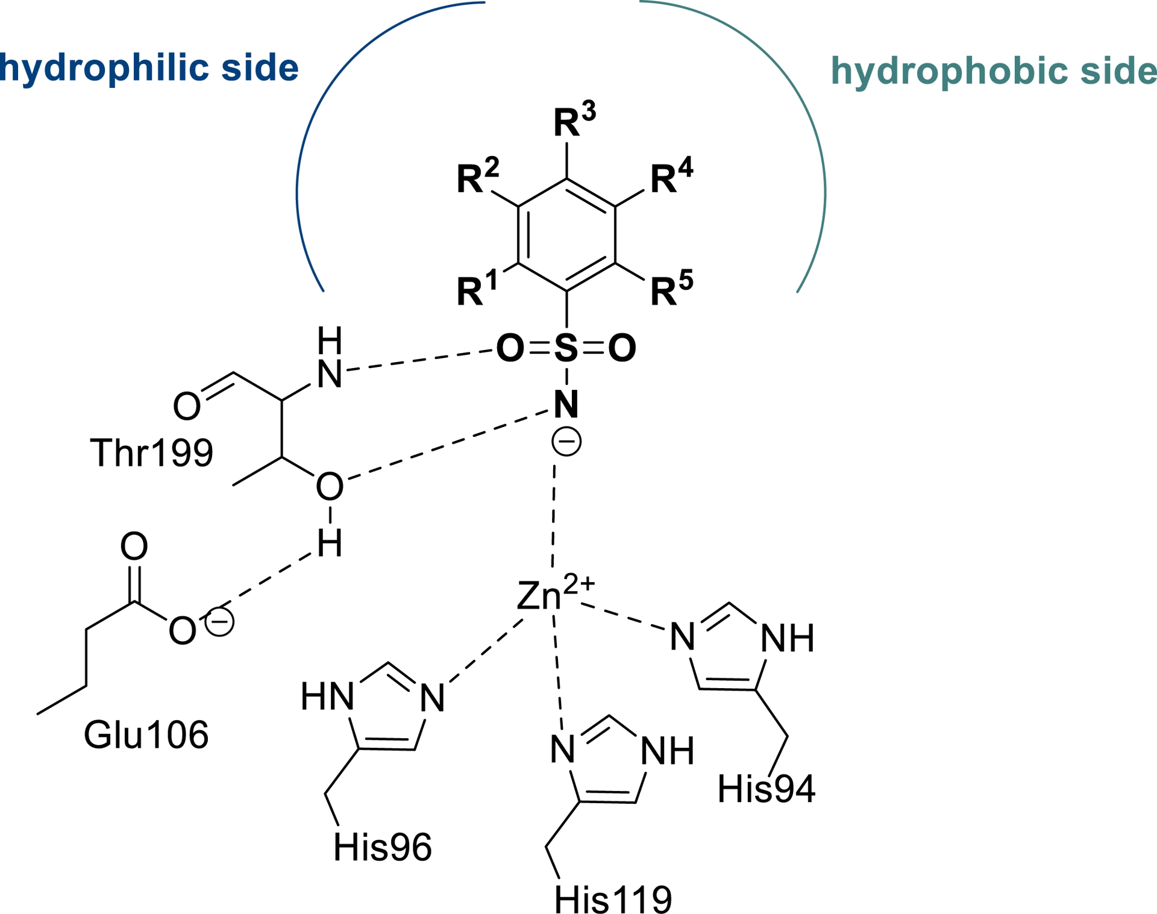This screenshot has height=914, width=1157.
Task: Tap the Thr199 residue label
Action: (151, 453)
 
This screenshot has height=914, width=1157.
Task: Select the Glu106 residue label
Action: (146, 734)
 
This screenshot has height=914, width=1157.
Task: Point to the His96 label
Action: (383, 847)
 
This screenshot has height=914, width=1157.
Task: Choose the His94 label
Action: (766, 789)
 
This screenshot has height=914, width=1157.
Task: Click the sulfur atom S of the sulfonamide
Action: (566, 348)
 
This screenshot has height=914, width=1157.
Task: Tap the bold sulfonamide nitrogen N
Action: (566, 404)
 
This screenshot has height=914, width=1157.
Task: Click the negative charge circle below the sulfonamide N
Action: (566, 442)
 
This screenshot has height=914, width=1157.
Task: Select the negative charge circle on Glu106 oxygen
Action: (219, 621)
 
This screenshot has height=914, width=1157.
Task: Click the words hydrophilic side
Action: (149, 67)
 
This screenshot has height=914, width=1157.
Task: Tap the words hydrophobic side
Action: (994, 71)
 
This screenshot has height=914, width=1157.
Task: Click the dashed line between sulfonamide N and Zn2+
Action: (554, 515)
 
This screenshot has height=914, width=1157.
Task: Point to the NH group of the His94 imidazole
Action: (787, 638)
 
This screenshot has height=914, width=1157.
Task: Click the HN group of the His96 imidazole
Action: (327, 696)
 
